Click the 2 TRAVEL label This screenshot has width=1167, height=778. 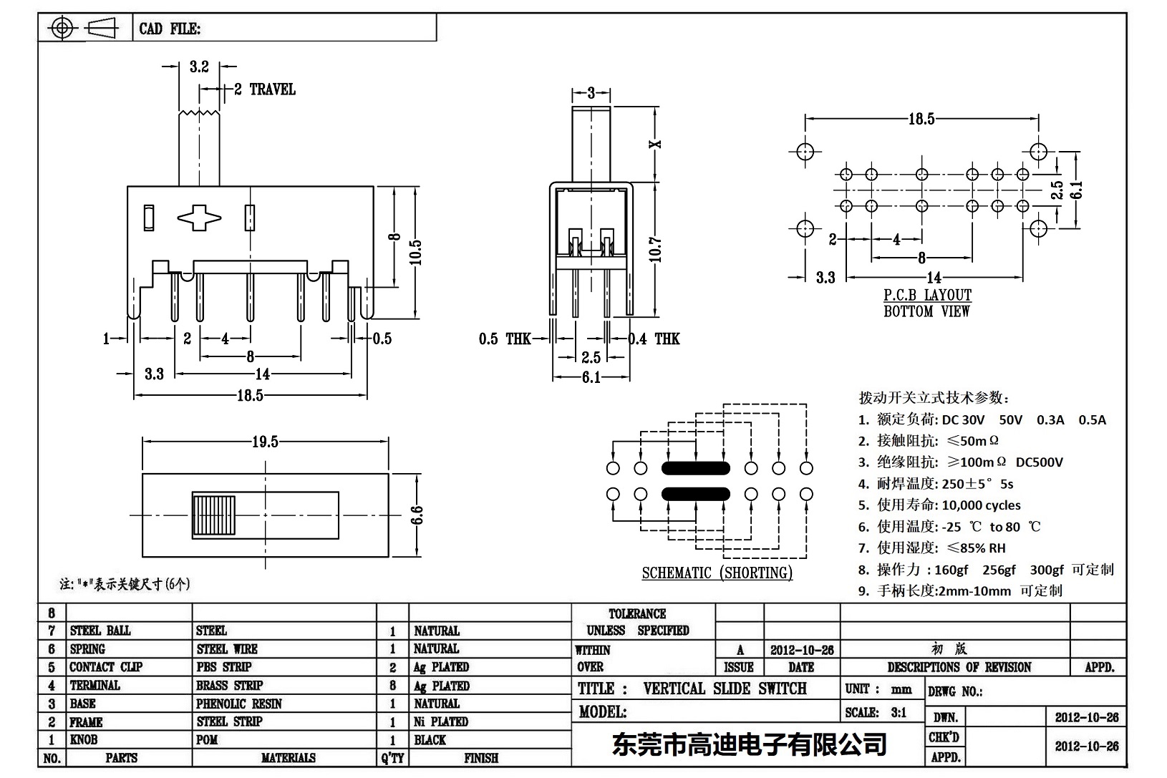click(x=265, y=89)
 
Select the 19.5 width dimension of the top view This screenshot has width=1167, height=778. click(x=265, y=442)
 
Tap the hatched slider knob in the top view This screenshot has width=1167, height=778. click(x=214, y=515)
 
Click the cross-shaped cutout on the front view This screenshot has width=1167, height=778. click(x=199, y=218)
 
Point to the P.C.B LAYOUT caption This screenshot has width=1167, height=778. click(x=927, y=295)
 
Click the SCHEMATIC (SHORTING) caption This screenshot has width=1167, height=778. click(x=717, y=573)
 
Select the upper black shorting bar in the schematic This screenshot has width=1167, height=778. click(x=695, y=469)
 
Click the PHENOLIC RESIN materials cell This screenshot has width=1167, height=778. click(x=239, y=704)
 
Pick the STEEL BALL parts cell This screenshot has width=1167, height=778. click(x=100, y=631)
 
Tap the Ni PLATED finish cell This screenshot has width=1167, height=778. click(x=441, y=721)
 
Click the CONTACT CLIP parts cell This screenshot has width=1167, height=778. click(x=106, y=667)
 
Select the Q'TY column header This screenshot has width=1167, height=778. click(x=392, y=758)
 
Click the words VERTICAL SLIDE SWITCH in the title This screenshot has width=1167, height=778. click(x=725, y=689)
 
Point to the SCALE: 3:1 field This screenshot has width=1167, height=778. click(x=876, y=712)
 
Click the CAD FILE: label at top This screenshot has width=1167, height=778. click(x=170, y=29)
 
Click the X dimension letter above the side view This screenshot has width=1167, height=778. click(x=656, y=144)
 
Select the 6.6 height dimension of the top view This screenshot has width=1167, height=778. click(x=417, y=515)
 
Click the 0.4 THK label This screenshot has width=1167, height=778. click(x=654, y=339)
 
